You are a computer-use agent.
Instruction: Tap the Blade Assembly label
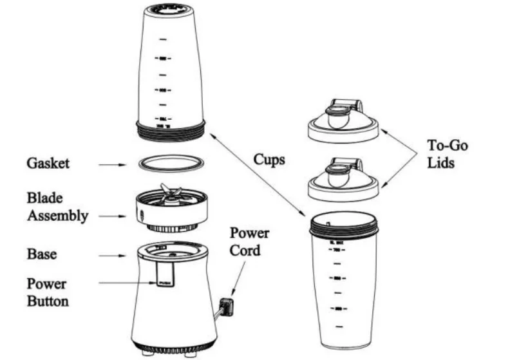click(x=57, y=207)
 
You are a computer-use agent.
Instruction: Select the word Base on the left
click(x=41, y=254)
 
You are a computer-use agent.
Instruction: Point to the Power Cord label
click(x=249, y=241)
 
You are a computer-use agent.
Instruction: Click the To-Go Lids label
click(x=448, y=154)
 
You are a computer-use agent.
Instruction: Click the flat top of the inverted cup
click(x=171, y=9)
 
